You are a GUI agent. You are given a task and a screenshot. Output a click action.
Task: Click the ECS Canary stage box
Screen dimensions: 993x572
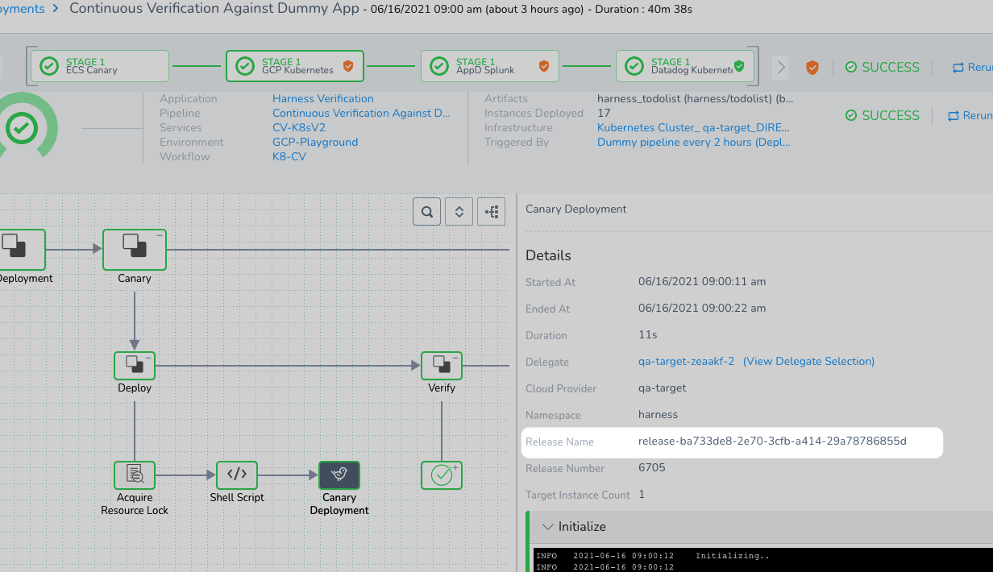click(100, 66)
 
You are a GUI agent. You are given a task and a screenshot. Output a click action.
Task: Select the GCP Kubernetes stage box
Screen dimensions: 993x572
click(295, 66)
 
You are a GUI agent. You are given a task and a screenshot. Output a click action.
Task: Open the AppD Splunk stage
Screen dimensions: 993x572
click(490, 66)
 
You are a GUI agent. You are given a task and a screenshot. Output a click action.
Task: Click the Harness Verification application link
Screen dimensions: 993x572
click(322, 98)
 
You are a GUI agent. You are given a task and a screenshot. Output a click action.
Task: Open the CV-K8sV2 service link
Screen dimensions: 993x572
click(299, 127)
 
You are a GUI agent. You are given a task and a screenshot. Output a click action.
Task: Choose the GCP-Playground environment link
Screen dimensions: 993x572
click(314, 143)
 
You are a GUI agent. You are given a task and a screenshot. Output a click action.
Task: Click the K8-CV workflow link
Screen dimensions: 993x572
click(289, 157)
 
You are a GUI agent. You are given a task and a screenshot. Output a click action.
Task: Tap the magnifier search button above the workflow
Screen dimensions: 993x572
click(426, 212)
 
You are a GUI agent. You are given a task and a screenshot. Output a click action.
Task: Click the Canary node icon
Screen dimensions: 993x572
click(135, 250)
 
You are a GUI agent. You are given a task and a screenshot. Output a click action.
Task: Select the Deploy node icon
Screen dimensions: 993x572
click(135, 366)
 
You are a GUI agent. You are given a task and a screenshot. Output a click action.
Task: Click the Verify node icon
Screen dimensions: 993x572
click(442, 366)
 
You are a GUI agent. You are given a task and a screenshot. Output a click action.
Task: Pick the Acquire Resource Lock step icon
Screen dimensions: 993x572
click(135, 475)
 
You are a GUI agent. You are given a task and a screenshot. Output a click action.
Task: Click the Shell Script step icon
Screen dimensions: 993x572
click(237, 475)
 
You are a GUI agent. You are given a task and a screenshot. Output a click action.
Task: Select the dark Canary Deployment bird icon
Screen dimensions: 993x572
click(339, 475)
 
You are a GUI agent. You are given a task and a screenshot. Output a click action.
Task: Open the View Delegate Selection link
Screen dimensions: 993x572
click(808, 362)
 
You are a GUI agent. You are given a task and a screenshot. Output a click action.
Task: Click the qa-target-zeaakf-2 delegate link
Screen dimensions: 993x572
click(686, 362)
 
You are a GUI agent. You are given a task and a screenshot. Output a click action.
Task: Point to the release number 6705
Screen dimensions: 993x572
click(651, 468)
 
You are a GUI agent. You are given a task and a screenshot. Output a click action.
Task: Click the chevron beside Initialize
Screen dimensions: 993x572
click(548, 527)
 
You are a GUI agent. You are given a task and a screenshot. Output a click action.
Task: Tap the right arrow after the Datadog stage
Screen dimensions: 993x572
click(781, 68)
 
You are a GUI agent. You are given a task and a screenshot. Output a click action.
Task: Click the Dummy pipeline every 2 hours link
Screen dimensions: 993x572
click(693, 143)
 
